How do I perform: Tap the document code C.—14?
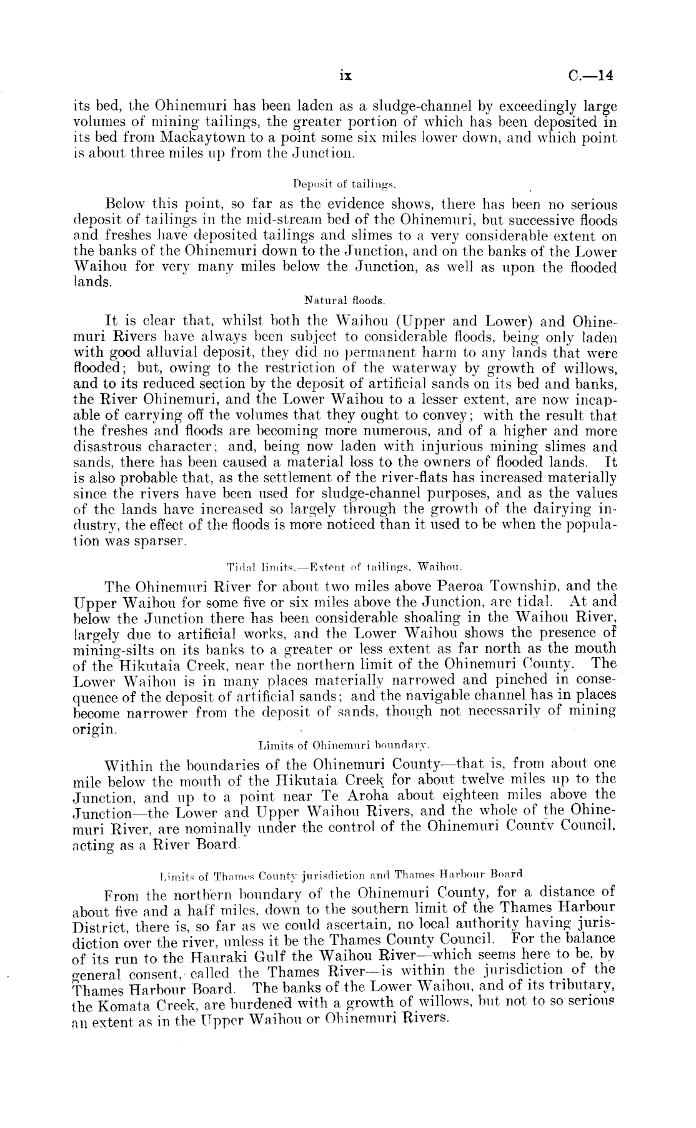coord(592,76)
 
